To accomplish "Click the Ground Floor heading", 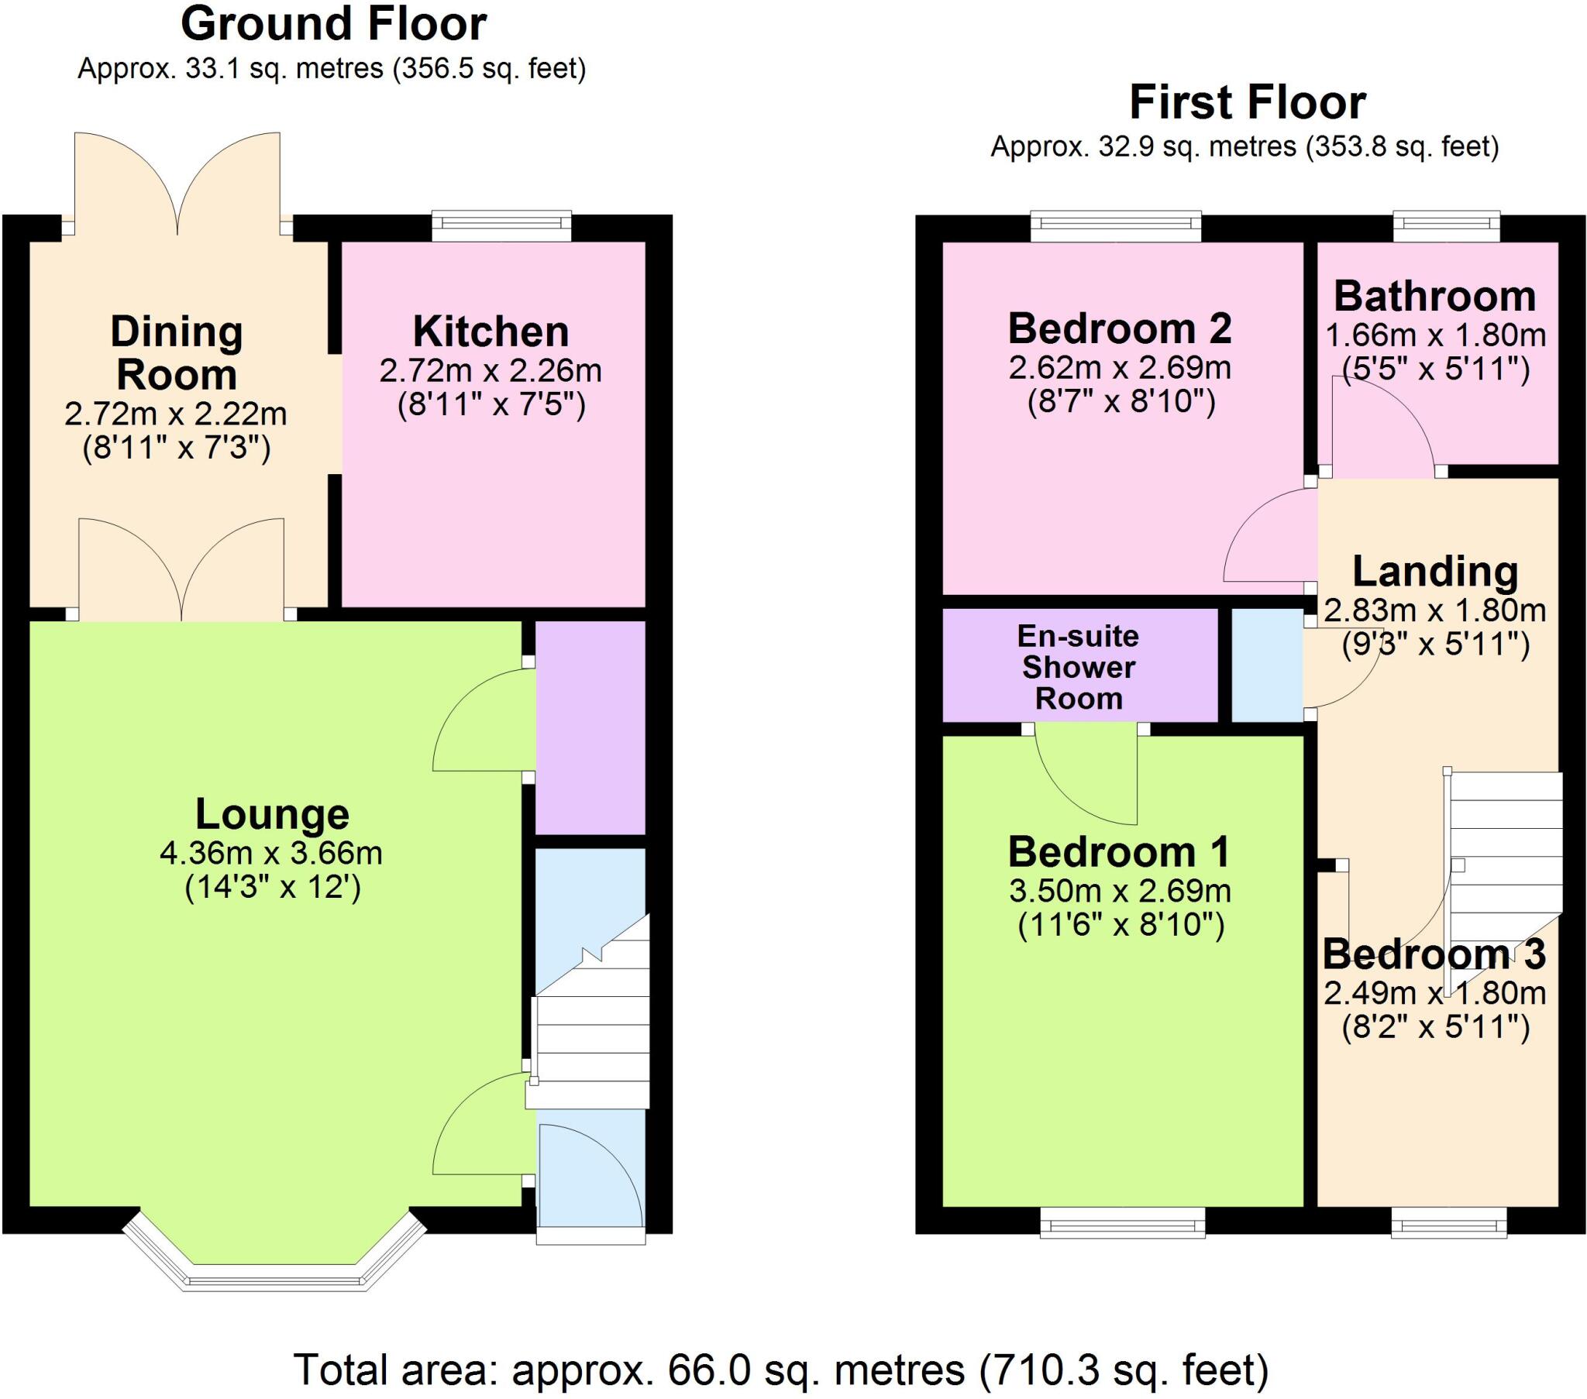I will point(333,25).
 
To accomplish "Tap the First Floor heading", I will point(1247,103).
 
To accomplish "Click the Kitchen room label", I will point(491,332).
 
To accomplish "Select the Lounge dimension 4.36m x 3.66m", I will point(271,854).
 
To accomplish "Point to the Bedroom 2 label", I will point(1120,329).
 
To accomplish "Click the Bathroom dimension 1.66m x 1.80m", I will point(1436,335).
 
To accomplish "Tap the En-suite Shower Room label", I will point(1079,667).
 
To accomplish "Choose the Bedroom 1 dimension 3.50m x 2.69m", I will point(1120,892).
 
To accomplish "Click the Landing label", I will point(1435,572).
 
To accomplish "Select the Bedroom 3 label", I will point(1434,954).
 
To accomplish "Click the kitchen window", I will point(501,226).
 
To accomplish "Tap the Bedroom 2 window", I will point(1116,226).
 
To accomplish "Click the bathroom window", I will point(1446,226).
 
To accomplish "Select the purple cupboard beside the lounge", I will point(590,727).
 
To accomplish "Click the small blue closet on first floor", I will point(1267,665).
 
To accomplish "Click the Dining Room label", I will point(176,353).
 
